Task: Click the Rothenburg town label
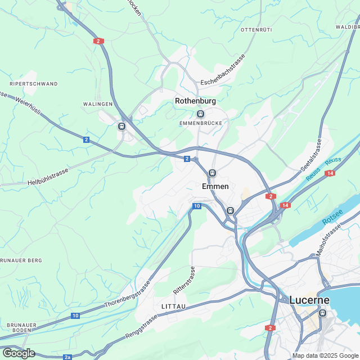coord(195,101)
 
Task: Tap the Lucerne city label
coord(309,300)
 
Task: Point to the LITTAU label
coord(173,306)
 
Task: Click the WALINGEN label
coord(97,104)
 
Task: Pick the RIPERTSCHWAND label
coord(34,84)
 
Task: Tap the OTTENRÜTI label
coord(256,29)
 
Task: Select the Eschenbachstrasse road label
coord(223,70)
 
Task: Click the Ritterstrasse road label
coord(184,281)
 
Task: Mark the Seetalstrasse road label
coord(311,157)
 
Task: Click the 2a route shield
coord(67,357)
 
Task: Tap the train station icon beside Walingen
coord(121,126)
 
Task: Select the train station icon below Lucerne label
coord(323,313)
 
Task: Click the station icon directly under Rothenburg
coord(201,113)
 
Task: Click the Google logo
coord(18,353)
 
